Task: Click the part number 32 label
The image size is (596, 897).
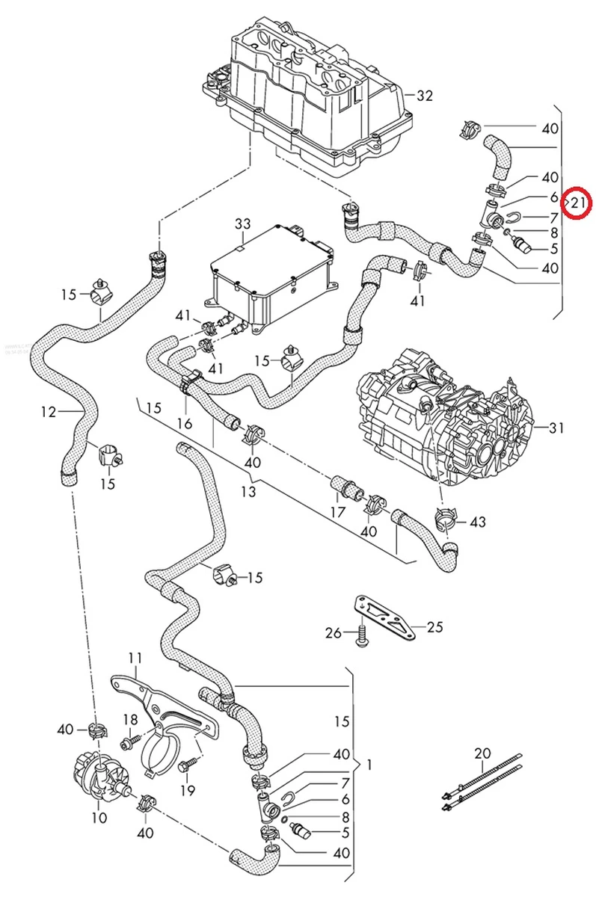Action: [425, 95]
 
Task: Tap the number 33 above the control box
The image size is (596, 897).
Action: [243, 224]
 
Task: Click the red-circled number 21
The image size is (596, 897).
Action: [578, 202]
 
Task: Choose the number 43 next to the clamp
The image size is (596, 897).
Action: [478, 521]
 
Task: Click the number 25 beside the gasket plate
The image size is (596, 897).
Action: [434, 627]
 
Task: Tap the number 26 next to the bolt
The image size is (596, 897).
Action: [334, 633]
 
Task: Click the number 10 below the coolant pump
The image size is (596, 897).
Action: [99, 817]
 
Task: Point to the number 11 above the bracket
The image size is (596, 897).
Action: [135, 658]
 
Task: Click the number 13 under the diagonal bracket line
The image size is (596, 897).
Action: [248, 491]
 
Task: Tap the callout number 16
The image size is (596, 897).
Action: [184, 424]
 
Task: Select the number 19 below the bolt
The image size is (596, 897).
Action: [187, 790]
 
